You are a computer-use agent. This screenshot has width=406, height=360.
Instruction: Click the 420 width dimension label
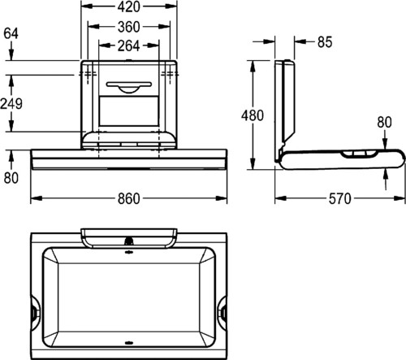(x=128, y=7)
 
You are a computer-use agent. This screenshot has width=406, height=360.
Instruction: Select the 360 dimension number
(x=128, y=27)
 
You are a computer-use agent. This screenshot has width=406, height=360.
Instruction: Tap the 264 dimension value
(x=128, y=46)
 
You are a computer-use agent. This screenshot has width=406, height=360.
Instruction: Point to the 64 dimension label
(x=11, y=34)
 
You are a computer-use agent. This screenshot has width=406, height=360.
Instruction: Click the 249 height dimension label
(x=11, y=104)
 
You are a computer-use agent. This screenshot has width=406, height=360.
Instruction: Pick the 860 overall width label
(x=129, y=199)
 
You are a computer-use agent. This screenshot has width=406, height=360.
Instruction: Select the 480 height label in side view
(x=253, y=115)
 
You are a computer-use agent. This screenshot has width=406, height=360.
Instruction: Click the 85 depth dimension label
(x=325, y=42)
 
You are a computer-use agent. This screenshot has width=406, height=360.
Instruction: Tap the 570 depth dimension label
(x=340, y=199)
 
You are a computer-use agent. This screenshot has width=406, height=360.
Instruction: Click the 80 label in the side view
(x=384, y=122)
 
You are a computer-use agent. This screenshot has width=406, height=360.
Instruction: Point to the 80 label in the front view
(x=11, y=178)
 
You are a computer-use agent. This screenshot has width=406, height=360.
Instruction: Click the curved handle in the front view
(x=129, y=87)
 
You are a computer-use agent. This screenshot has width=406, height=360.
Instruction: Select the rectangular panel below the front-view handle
(x=129, y=111)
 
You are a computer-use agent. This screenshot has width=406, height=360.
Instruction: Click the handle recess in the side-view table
(x=359, y=154)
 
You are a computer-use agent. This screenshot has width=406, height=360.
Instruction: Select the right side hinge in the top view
(x=222, y=310)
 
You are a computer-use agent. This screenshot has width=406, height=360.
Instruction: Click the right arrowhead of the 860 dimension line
(x=221, y=198)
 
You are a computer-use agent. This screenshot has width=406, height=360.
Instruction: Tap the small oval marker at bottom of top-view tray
(x=129, y=343)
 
